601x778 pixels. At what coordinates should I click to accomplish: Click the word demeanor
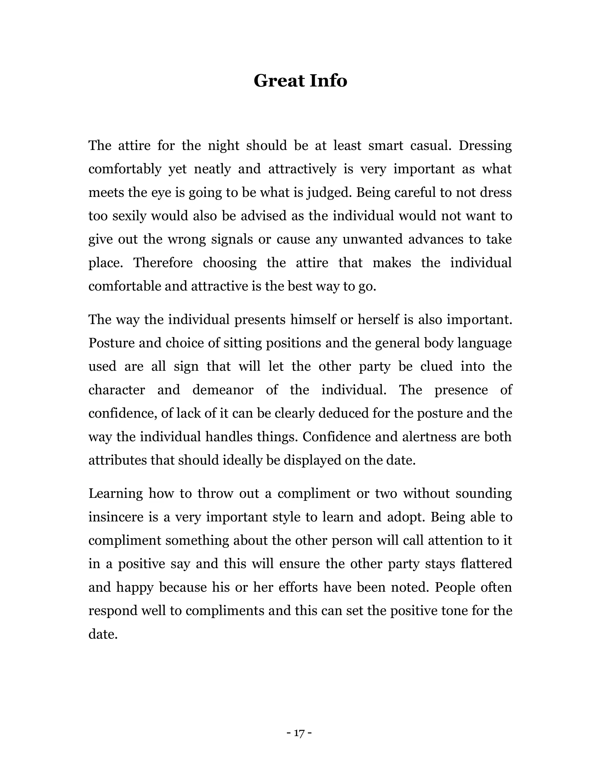coord(223,390)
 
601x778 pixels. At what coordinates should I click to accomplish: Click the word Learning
coord(116,494)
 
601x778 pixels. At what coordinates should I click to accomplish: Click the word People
coord(454,587)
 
